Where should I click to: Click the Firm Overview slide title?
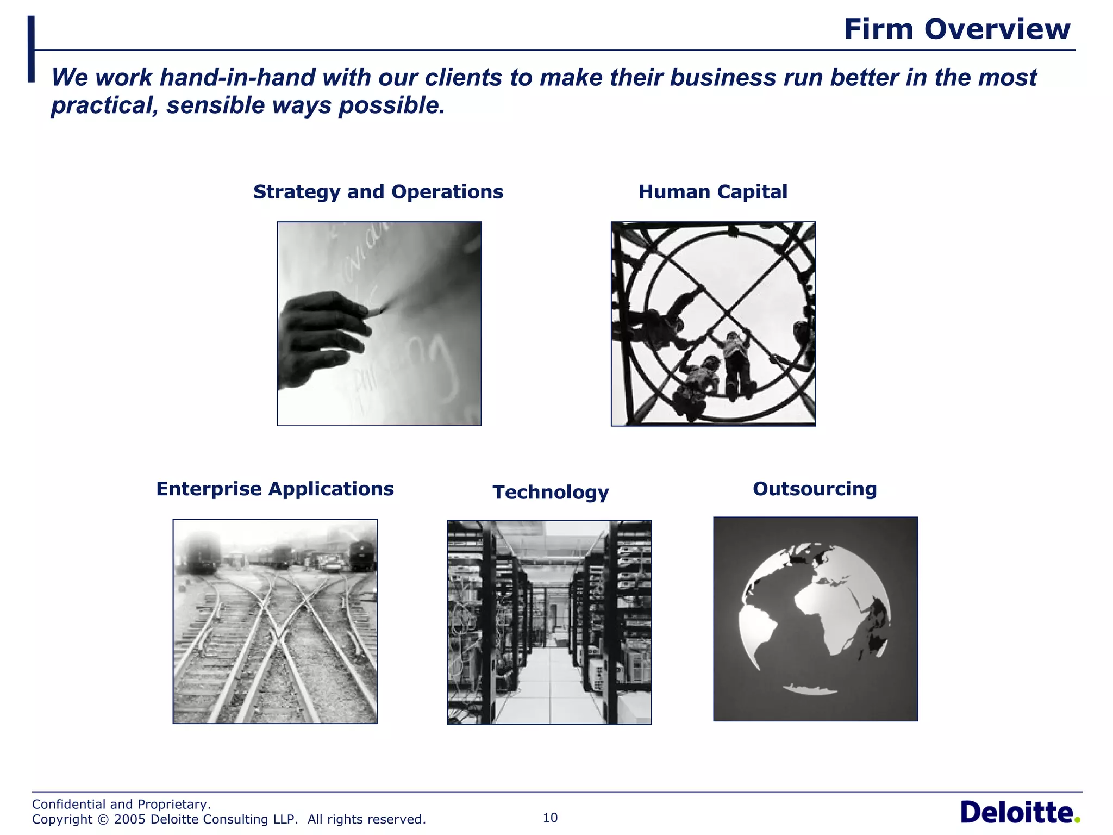point(956,29)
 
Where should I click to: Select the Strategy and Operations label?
point(378,192)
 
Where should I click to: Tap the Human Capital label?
point(712,192)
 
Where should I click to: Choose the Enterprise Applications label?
point(275,489)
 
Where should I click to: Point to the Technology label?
point(551,492)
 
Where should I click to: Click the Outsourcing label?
point(815,489)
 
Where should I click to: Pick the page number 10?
point(550,818)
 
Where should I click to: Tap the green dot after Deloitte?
point(1077,820)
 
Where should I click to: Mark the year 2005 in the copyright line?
point(130,819)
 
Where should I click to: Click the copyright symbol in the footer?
point(103,819)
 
